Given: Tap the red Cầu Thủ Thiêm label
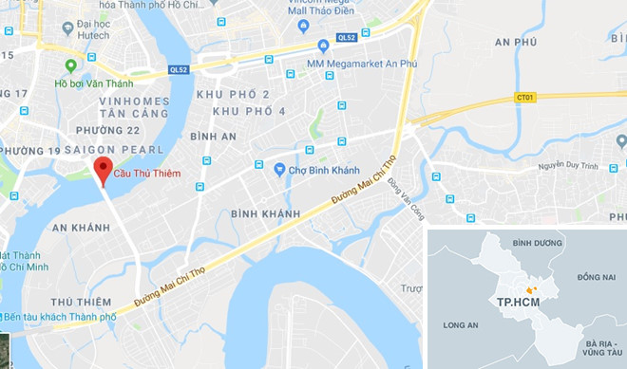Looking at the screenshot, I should [x=148, y=173].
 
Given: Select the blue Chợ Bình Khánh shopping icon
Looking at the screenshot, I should [x=279, y=170].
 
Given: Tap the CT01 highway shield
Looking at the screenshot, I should [x=525, y=98].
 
